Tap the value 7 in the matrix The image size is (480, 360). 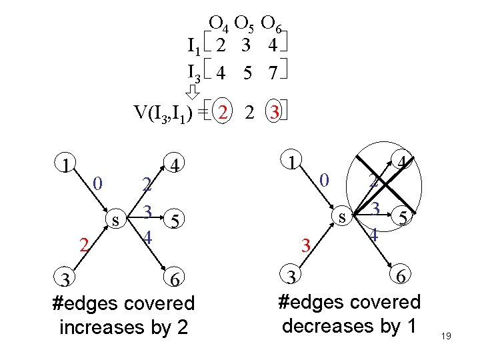(271, 73)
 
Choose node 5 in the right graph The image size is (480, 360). (403, 217)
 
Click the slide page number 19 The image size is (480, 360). (447, 337)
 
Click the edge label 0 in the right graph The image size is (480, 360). (323, 180)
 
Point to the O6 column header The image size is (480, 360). (271, 25)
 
